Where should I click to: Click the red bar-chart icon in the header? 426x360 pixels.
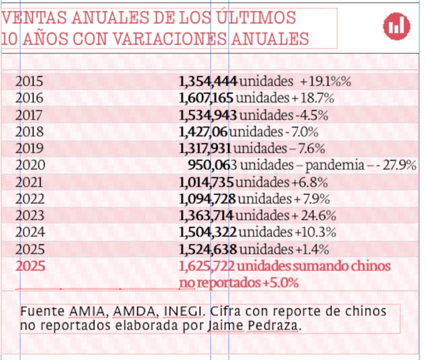[397, 25]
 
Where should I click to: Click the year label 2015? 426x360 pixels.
[29, 81]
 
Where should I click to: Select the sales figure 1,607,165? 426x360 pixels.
[206, 99]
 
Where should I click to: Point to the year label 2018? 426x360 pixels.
[29, 132]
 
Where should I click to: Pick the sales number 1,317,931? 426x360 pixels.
[205, 149]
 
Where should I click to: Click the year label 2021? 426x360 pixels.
[29, 182]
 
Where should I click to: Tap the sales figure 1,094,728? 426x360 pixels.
[208, 199]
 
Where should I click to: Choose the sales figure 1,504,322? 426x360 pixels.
[208, 233]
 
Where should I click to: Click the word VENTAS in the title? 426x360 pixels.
[27, 19]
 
